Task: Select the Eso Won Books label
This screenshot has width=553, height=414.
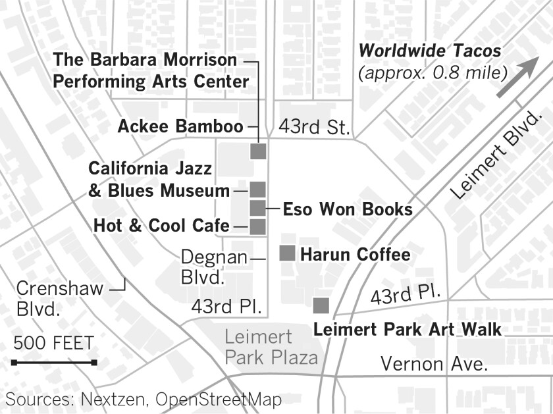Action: [x=348, y=209]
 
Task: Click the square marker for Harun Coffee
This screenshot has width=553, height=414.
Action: [x=288, y=253]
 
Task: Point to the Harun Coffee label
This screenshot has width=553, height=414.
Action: [x=355, y=254]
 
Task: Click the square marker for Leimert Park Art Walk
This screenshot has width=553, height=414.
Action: [x=321, y=305]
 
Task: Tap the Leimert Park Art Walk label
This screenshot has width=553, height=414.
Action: [x=408, y=329]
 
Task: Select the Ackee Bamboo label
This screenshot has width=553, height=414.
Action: [x=180, y=126]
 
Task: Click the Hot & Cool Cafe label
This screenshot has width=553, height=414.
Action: [x=161, y=226]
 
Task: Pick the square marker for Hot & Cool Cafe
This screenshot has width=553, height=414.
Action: [x=257, y=227]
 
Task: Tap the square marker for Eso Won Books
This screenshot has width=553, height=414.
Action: [x=257, y=209]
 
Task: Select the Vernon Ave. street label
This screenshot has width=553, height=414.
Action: [x=434, y=364]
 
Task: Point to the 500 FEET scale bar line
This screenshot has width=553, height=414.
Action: [x=54, y=362]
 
